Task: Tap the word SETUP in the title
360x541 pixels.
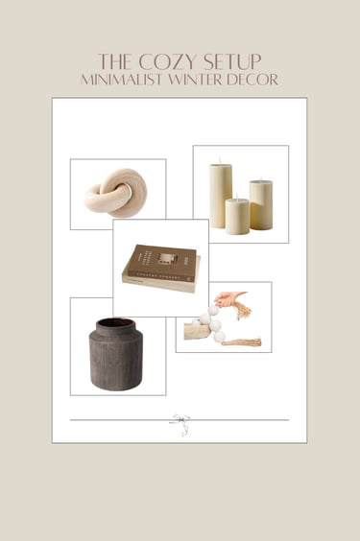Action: (x=232, y=61)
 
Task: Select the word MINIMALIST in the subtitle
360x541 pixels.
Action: (x=122, y=80)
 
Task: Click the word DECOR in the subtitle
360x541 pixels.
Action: (x=252, y=80)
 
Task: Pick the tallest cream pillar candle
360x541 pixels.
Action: (x=221, y=196)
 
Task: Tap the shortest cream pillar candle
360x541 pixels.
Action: (x=237, y=217)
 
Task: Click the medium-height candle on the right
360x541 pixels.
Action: (x=261, y=204)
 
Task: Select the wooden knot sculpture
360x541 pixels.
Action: (x=116, y=194)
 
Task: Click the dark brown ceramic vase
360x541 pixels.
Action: (x=116, y=354)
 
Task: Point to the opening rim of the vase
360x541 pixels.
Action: (x=115, y=323)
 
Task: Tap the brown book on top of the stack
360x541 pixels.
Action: (x=160, y=263)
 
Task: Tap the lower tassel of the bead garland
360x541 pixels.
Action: (x=241, y=342)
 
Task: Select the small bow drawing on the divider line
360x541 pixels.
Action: (x=180, y=424)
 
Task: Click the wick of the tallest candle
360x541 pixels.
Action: (x=220, y=161)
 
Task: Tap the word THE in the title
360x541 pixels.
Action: (x=114, y=61)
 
